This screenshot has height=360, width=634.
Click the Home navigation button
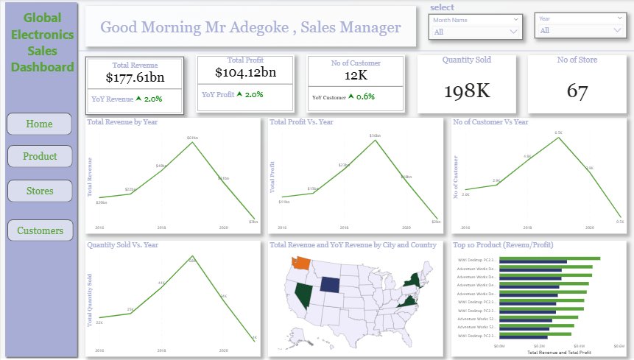39,124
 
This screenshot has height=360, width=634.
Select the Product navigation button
40,156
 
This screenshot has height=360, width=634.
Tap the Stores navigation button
40,191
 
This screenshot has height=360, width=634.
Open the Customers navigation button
40,230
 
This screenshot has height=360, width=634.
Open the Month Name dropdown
476,32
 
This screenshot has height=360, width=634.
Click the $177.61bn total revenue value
134,77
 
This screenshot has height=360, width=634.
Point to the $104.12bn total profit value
246,72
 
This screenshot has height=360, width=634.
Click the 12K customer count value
356,74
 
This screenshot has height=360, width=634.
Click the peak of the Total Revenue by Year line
193,141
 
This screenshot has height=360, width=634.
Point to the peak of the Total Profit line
376,139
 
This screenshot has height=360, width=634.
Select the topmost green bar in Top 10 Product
549,258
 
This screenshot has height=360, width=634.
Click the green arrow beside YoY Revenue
139,99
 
